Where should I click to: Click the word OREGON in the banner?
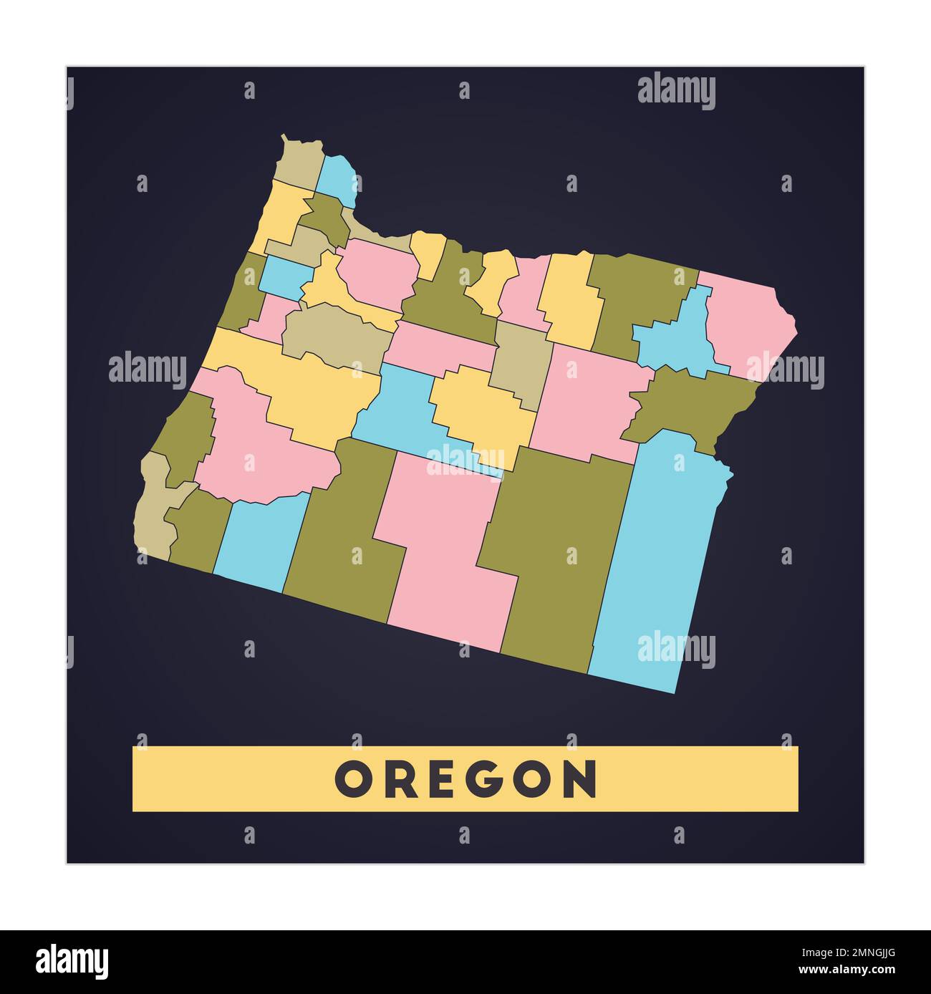[x=465, y=778]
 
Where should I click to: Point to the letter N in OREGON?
[x=582, y=778]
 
